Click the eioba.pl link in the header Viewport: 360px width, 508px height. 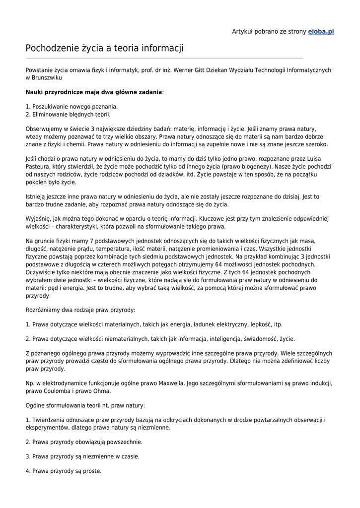(x=321, y=31)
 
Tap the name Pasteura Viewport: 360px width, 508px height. (x=39, y=167)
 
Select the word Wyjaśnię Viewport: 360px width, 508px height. (x=38, y=219)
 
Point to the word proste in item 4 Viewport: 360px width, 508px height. (x=91, y=471)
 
